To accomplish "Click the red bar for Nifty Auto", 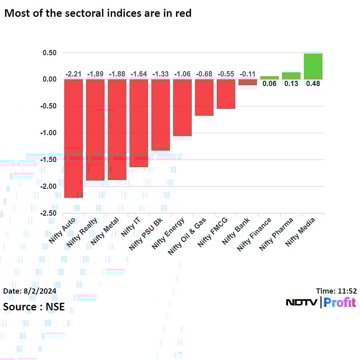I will [x=74, y=138].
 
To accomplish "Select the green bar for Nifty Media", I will [x=313, y=66].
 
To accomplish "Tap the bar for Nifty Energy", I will [x=182, y=107].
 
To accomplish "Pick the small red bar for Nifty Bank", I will [x=248, y=82].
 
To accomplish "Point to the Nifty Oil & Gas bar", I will [x=204, y=97].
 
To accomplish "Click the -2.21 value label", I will [x=74, y=74].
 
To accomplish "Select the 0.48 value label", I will [x=313, y=84].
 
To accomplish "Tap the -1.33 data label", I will [x=160, y=74].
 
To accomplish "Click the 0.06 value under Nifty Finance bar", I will [x=270, y=84].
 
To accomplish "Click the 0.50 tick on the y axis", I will [x=50, y=53].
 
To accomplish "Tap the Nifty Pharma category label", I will [x=276, y=234].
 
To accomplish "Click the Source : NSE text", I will [x=34, y=307].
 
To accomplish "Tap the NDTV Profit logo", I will [x=321, y=302].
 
